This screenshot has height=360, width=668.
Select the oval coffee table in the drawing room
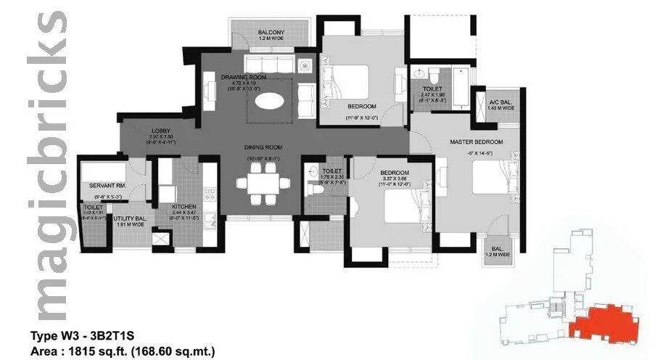(x=270, y=102)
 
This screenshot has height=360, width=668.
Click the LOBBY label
(x=160, y=131)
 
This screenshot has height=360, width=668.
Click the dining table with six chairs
(x=261, y=184)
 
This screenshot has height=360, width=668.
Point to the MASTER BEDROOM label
(x=477, y=142)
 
